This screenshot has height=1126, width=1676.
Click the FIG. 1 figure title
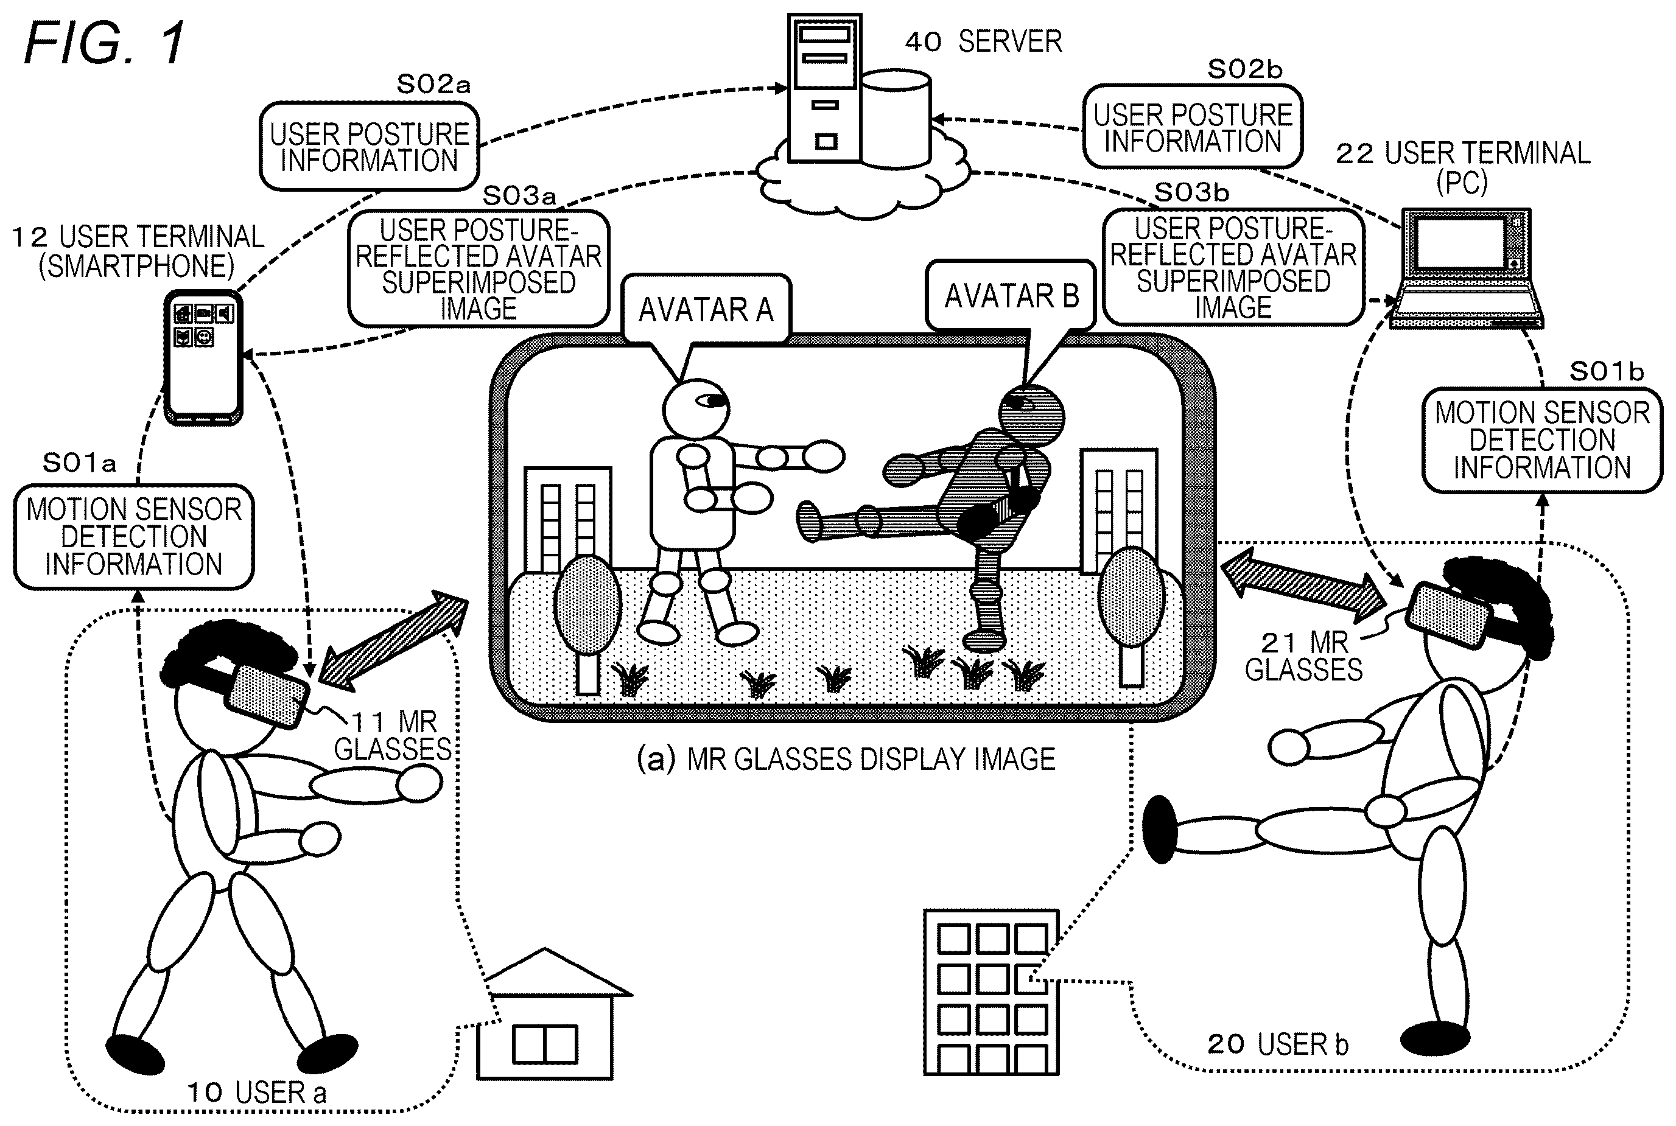[x=105, y=43]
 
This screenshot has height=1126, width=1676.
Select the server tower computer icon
[x=824, y=88]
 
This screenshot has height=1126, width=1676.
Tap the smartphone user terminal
[x=203, y=357]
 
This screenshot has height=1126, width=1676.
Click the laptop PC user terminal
[x=1465, y=268]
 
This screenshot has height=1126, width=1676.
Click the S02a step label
[x=433, y=85]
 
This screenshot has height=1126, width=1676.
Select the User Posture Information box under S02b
[x=1192, y=127]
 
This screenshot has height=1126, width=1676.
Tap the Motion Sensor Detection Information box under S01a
[x=135, y=536]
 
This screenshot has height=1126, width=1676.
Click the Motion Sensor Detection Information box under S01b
[x=1543, y=440]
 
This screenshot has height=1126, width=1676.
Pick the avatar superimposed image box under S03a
[x=479, y=268]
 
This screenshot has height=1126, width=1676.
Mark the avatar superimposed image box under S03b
[x=1233, y=267]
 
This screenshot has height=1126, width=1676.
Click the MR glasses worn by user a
[x=265, y=695]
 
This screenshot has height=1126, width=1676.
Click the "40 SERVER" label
[x=983, y=41]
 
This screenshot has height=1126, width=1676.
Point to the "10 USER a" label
[x=256, y=1093]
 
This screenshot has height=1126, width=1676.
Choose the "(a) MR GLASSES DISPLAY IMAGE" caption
[x=846, y=760]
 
